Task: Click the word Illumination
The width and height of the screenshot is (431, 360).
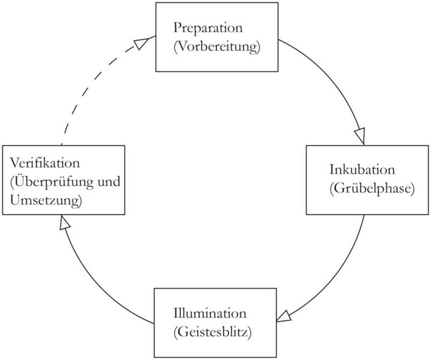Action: [210, 313]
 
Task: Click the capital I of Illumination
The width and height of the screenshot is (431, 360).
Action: [176, 313]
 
